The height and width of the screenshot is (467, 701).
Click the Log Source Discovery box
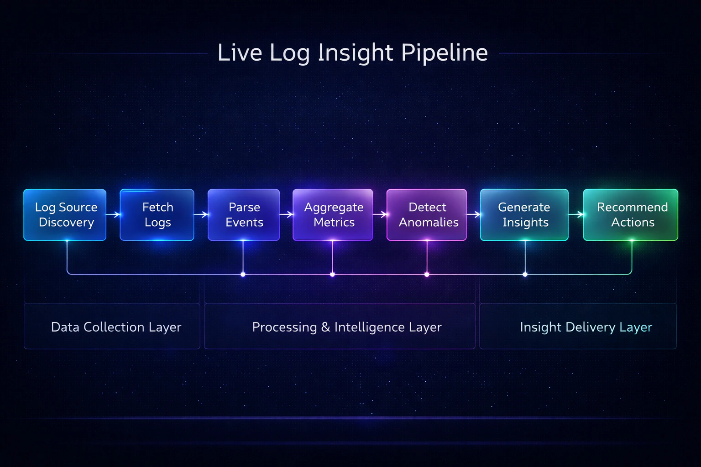tap(65, 215)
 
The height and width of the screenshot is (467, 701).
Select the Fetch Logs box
tap(157, 215)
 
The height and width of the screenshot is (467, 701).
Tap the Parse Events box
tap(244, 215)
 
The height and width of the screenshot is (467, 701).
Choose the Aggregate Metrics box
tap(333, 215)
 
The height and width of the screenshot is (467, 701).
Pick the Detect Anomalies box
tap(427, 215)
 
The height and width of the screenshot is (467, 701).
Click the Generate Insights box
tap(524, 215)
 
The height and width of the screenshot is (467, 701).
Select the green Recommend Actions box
tap(631, 215)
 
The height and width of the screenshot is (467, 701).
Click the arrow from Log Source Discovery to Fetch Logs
tap(113, 214)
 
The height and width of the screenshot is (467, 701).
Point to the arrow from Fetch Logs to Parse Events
tap(201, 214)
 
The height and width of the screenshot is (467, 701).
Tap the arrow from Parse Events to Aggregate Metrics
tap(286, 214)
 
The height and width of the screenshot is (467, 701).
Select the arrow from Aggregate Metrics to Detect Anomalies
tap(380, 214)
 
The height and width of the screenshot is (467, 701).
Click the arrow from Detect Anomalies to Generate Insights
tap(473, 214)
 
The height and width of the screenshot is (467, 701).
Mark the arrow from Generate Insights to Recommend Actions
tap(576, 214)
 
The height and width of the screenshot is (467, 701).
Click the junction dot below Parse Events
tap(243, 275)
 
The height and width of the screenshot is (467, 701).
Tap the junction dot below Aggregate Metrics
tap(332, 275)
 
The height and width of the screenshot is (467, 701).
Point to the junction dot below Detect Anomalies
tap(427, 275)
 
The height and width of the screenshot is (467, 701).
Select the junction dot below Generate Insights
tap(525, 275)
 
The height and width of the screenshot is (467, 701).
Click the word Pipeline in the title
tap(445, 53)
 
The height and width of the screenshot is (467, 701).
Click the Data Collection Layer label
tap(116, 327)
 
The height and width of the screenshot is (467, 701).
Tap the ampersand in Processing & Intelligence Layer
tap(325, 327)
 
